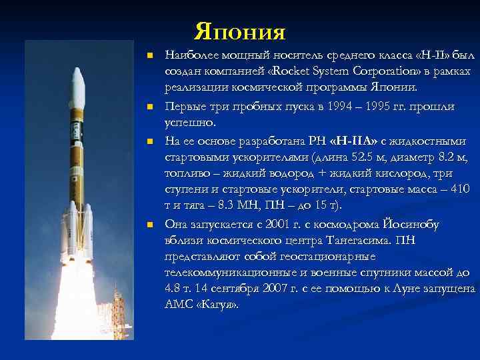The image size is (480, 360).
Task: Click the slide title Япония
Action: coord(240,31)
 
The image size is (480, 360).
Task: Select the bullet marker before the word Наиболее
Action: coord(151,55)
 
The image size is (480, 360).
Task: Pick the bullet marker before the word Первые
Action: coord(151,107)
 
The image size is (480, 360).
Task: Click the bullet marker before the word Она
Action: coord(151,225)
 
